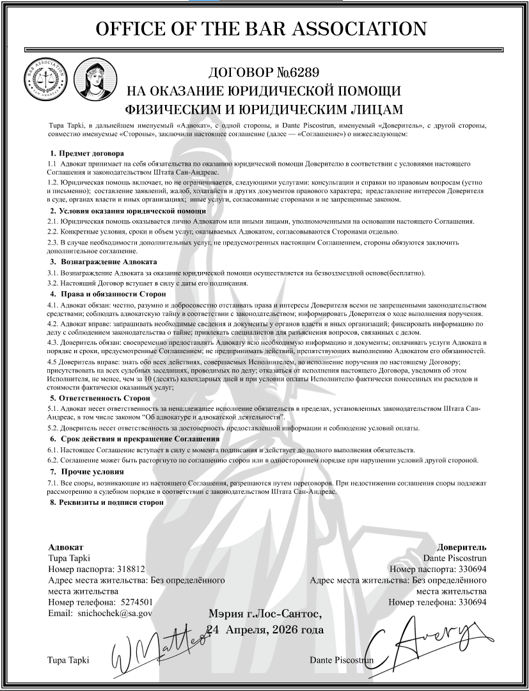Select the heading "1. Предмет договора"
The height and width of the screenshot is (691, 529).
(86, 154)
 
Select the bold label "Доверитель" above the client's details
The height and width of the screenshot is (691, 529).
(462, 547)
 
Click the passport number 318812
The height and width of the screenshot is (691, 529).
(130, 569)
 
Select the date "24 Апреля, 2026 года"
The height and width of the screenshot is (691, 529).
(265, 630)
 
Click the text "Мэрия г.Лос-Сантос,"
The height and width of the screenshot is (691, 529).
(265, 615)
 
